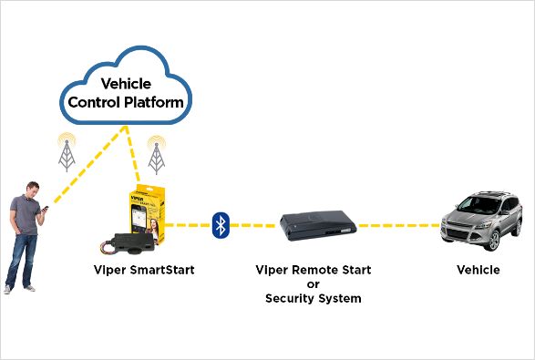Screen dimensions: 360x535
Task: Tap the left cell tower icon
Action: click(x=67, y=153)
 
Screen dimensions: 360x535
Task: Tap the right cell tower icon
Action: click(x=157, y=154)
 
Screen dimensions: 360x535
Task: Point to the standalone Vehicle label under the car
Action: click(x=478, y=270)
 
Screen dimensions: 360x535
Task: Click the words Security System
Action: click(x=314, y=298)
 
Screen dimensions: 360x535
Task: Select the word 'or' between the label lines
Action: click(x=314, y=284)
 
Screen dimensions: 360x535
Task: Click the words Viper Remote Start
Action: click(x=314, y=270)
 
